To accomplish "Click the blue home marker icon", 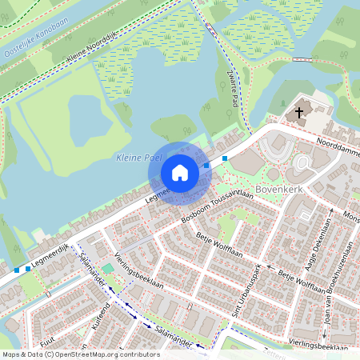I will tap(180, 173).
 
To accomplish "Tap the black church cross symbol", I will tap(300, 113).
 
